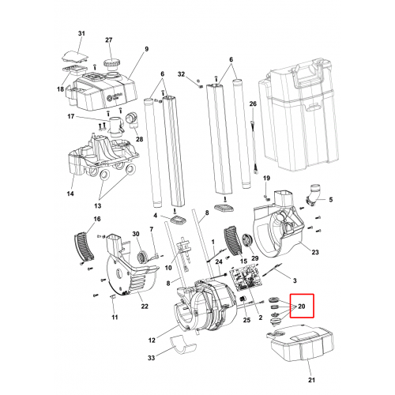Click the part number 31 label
pos(81,33)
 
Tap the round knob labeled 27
pos(112,64)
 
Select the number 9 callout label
pos(147,49)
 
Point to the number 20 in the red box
pos(302,307)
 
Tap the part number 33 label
pos(152,358)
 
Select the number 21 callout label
pos(311,380)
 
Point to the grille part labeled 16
pos(84,246)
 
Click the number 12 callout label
pos(152,340)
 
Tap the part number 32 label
pos(182,74)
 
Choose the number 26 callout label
pos(253,103)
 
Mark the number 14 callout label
pos(70,194)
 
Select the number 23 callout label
pos(315,252)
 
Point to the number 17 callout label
pos(71,116)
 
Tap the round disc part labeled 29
pos(247,240)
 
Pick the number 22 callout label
pos(145,307)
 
